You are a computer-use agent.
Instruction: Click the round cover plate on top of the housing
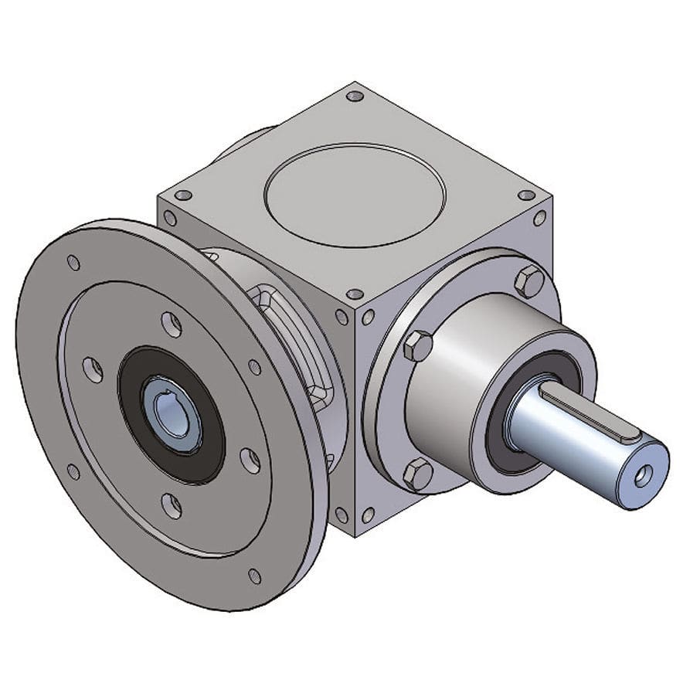pyautogui.click(x=355, y=195)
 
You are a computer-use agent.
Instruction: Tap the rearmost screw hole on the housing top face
pyautogui.click(x=355, y=97)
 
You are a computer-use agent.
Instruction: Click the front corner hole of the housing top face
pyautogui.click(x=354, y=294)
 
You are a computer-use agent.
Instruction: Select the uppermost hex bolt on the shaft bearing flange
pyautogui.click(x=529, y=281)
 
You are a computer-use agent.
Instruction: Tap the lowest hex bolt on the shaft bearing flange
pyautogui.click(x=418, y=474)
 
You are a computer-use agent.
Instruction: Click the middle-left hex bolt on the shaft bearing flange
pyautogui.click(x=418, y=345)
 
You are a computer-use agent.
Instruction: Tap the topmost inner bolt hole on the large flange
pyautogui.click(x=172, y=325)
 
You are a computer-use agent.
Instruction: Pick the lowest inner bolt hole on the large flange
pyautogui.click(x=172, y=506)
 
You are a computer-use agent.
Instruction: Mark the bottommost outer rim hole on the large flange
pyautogui.click(x=254, y=576)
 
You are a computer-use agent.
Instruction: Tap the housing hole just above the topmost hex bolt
pyautogui.click(x=539, y=219)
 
